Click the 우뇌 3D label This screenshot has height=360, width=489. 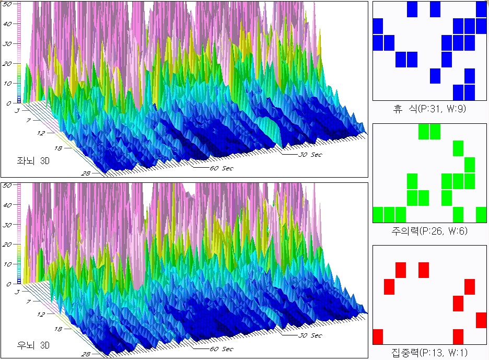tap(33, 345)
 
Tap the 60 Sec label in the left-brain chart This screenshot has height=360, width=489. tap(221, 168)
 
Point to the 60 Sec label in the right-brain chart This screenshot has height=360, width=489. tap(221, 349)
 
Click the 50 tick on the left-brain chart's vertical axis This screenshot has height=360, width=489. tap(9, 4)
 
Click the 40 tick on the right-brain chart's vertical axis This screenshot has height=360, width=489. tap(8, 205)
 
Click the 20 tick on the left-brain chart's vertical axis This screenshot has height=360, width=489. tap(8, 63)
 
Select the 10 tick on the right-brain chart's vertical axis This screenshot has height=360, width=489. tap(8, 264)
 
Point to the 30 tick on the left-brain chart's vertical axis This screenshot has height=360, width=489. tap(8, 44)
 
